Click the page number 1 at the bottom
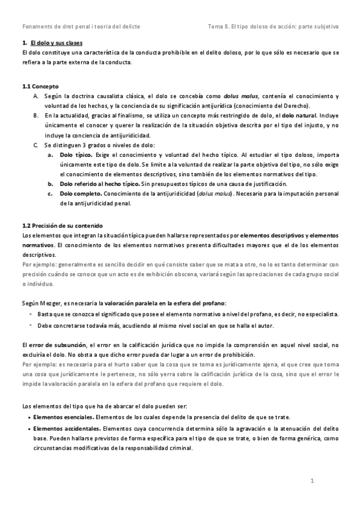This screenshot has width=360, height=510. [313, 482]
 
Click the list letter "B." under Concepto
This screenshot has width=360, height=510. [37, 115]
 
